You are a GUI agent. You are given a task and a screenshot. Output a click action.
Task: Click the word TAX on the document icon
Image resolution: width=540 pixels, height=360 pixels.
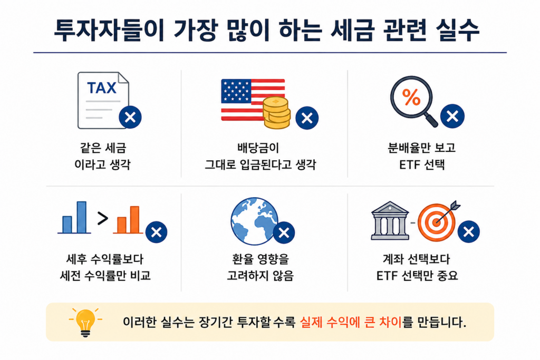102,88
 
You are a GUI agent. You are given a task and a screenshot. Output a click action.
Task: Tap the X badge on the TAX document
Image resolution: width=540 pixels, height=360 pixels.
130,118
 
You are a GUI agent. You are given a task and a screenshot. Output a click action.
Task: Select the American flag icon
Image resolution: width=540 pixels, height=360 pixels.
253,100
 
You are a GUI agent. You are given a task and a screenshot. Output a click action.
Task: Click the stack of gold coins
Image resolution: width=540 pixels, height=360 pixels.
276,113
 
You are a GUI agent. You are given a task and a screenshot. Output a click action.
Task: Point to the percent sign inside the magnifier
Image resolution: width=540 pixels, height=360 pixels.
411,97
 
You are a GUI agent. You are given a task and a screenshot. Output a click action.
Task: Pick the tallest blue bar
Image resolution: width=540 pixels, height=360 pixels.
82,218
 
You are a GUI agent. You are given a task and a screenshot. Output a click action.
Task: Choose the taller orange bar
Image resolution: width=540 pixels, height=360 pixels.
134,220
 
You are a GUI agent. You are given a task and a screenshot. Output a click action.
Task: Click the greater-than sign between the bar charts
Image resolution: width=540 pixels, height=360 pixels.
103,218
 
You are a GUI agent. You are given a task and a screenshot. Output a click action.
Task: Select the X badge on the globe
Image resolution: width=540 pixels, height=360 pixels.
284,233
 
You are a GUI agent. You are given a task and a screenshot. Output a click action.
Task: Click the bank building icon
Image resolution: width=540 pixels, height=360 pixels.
390,221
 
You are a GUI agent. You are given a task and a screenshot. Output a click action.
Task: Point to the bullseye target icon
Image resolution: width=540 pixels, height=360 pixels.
437,222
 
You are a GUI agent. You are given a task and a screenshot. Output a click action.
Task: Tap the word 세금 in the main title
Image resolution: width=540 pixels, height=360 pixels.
352,30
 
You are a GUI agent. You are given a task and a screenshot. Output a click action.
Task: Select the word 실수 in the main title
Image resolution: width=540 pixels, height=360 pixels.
458,30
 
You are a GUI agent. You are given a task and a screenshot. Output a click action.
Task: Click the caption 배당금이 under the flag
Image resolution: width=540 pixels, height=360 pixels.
258,148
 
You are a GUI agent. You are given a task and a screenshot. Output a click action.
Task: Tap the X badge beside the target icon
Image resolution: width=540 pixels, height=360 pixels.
469,231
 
